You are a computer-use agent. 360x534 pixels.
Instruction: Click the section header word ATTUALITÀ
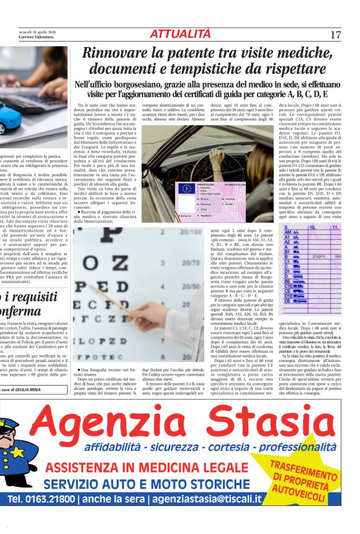click(x=180, y=34)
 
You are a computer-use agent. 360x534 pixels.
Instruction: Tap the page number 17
click(x=336, y=35)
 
